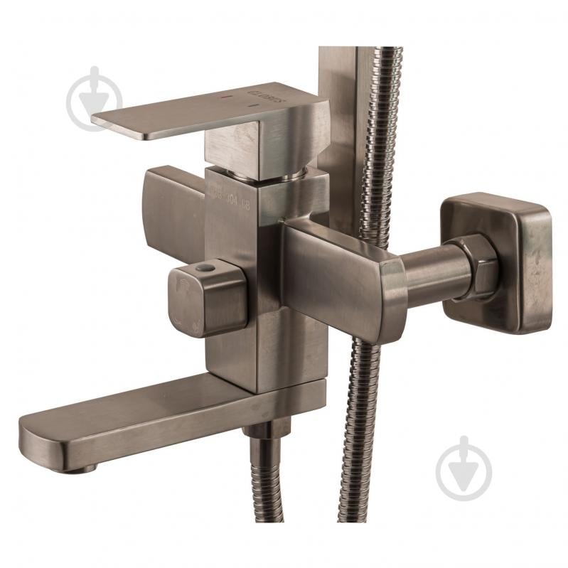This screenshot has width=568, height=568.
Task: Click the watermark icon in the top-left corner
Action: click(x=95, y=99)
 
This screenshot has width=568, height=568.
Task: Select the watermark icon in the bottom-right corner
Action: click(x=463, y=468)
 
